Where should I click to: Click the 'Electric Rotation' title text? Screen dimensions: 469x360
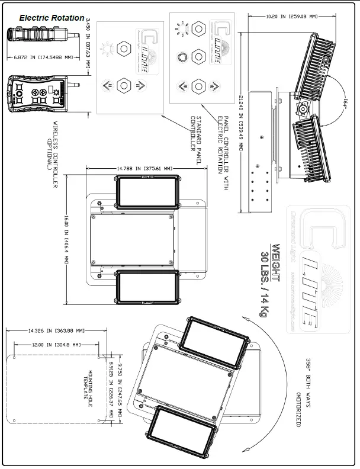click(x=52, y=18)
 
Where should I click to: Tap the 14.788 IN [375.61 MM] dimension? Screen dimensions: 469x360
click(x=146, y=169)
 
